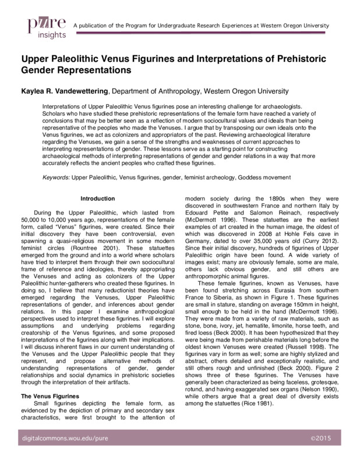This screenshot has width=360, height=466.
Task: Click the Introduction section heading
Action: pyautogui.click(x=97, y=198)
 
